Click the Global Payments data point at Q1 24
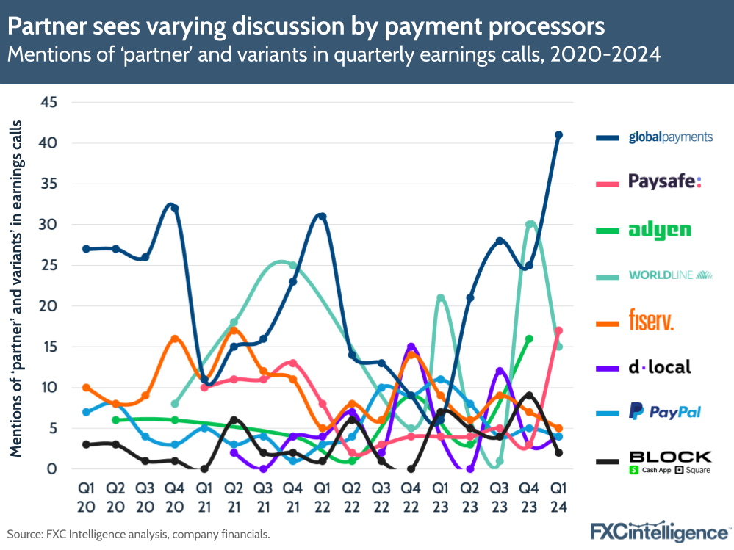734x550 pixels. coord(558,135)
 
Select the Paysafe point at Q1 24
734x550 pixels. coord(558,330)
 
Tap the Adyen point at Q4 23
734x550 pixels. coord(529,339)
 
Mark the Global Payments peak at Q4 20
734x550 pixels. coord(175,208)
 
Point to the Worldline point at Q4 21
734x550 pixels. coord(292,265)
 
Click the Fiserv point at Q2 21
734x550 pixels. coord(234,330)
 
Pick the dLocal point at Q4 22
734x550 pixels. coord(411,347)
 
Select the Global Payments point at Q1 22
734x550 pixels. coord(322,217)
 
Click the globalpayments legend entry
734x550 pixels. coord(670,137)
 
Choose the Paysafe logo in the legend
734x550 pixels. coord(665,182)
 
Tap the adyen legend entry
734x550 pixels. coord(659,230)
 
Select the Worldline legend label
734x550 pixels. coord(670,275)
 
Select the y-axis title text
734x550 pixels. coord(15,288)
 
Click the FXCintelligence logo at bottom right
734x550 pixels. coord(661,531)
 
